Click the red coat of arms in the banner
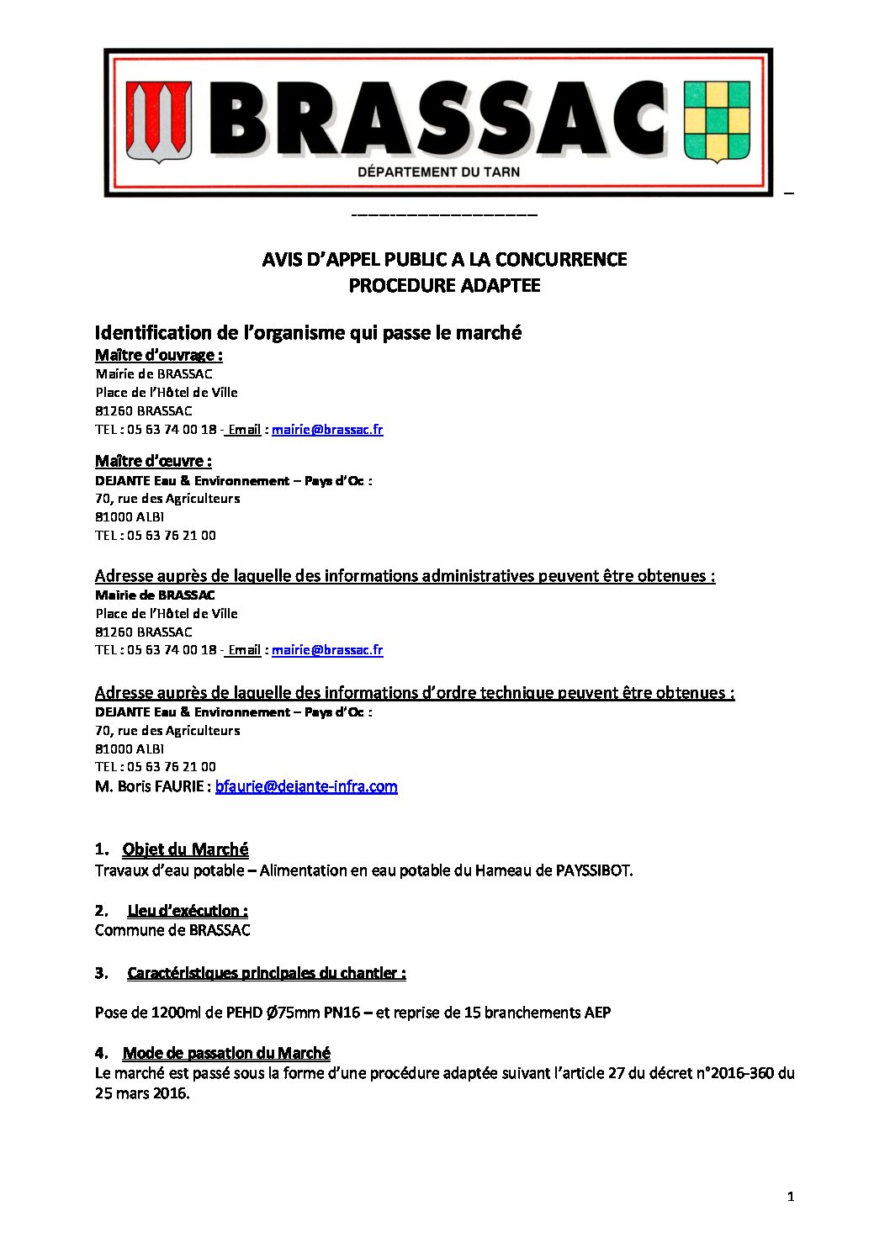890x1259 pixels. [x=159, y=121]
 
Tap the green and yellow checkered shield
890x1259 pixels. [x=716, y=121]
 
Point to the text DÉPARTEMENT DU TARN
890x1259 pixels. [x=438, y=172]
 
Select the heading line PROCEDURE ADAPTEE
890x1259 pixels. [x=444, y=285]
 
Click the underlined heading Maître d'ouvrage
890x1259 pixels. [x=158, y=355]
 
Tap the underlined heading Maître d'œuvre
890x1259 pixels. [x=153, y=461]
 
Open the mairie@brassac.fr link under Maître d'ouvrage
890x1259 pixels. [x=327, y=430]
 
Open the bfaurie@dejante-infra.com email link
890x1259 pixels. [x=306, y=786]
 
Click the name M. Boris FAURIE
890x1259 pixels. [x=149, y=786]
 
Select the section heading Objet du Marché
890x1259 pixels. [x=185, y=849]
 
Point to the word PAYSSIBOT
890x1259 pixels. [x=593, y=870]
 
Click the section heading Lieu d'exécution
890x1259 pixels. [x=187, y=911]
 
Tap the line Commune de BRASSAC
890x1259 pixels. [x=172, y=930]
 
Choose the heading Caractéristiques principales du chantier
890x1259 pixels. [x=266, y=973]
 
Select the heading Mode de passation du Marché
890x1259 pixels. [x=226, y=1053]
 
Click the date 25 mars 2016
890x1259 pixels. [x=141, y=1093]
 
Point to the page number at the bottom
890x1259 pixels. [x=790, y=1197]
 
